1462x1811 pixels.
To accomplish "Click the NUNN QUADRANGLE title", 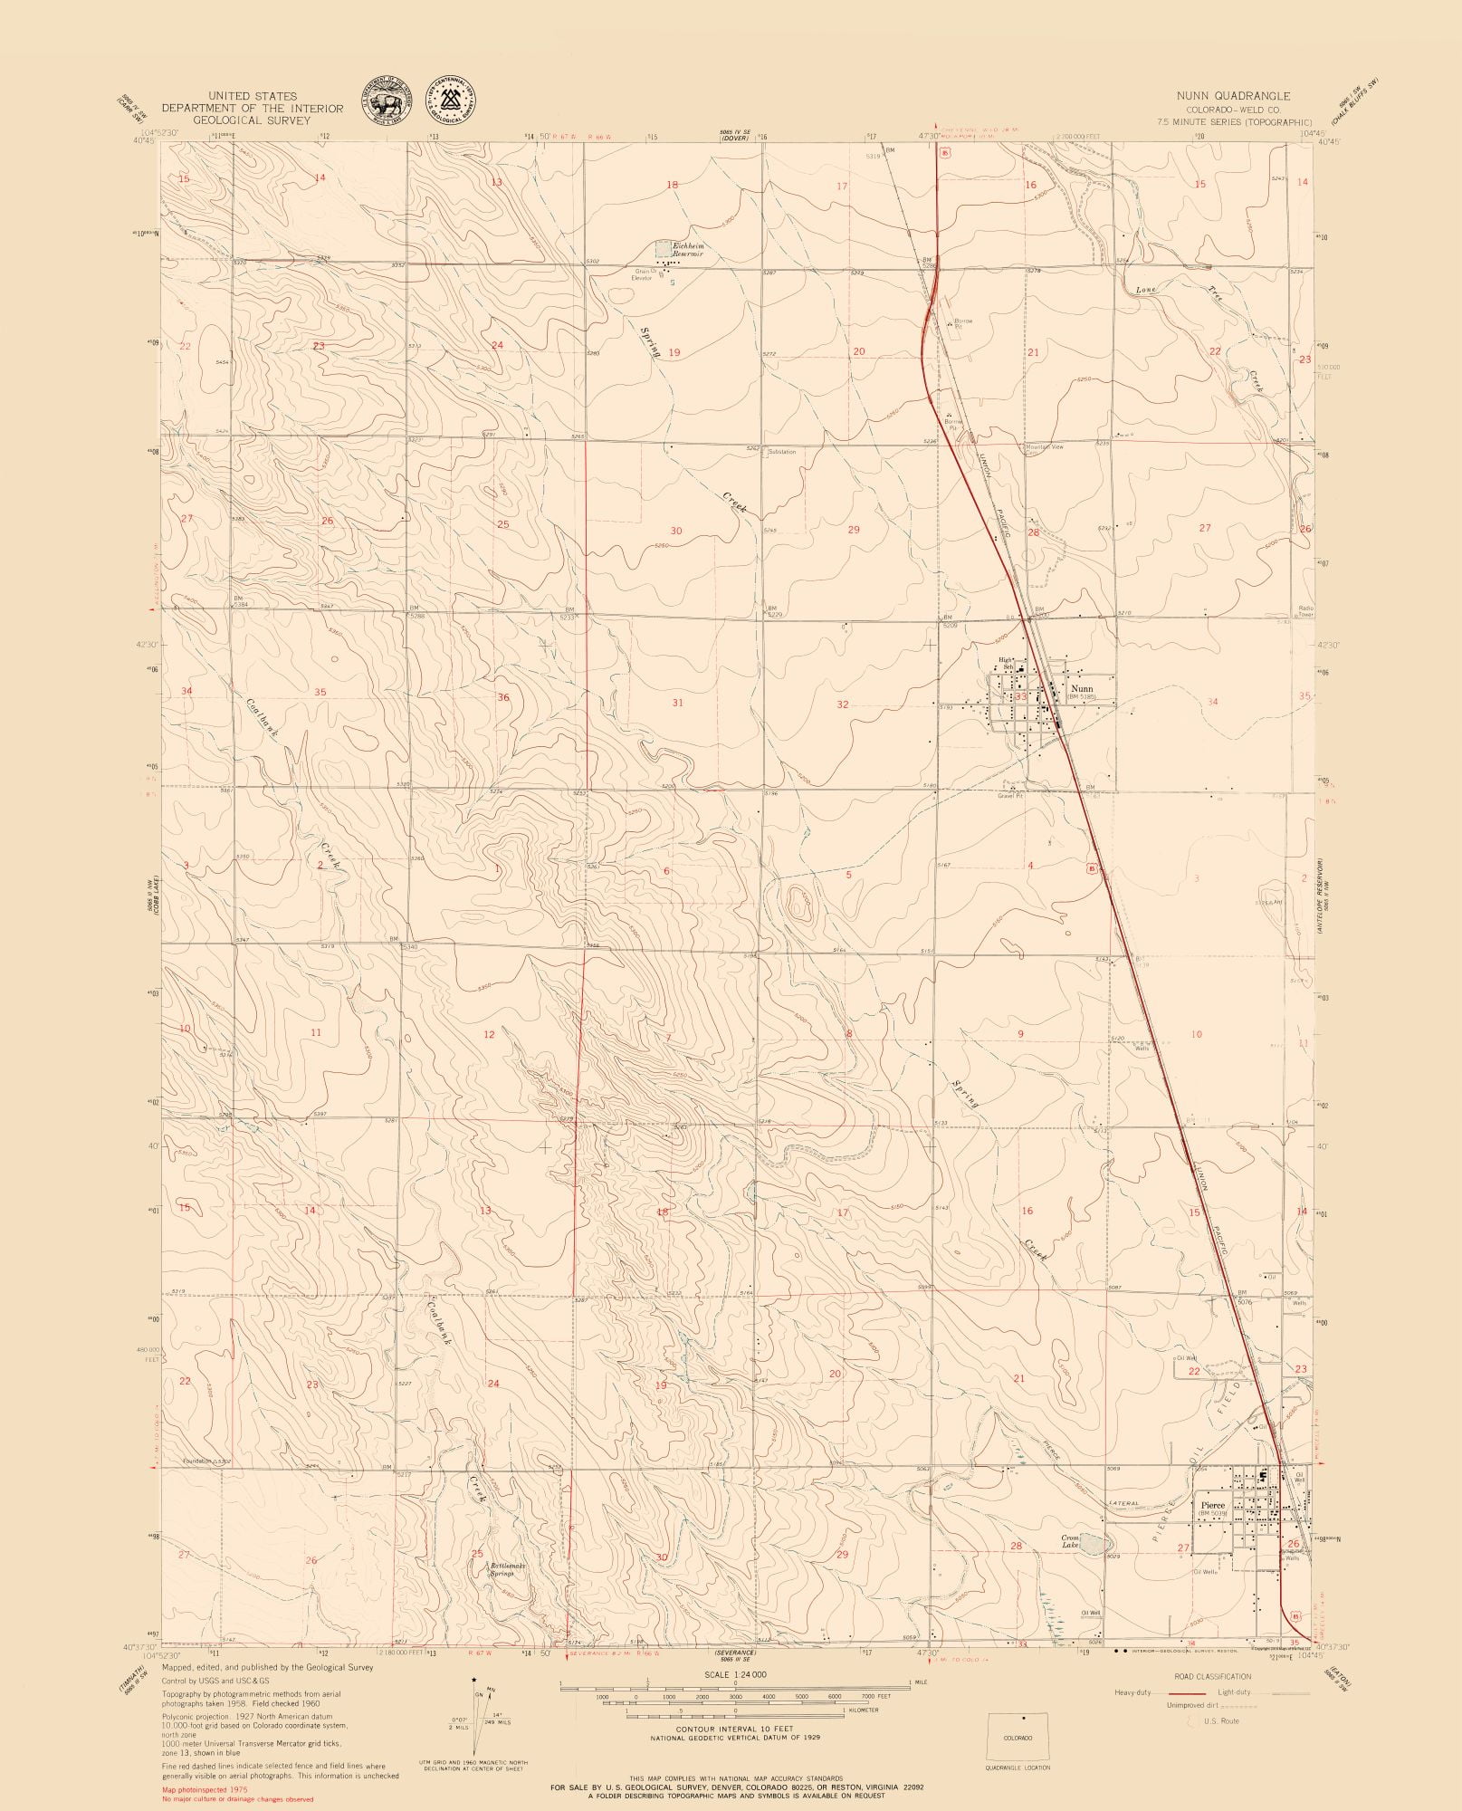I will point(1234,95).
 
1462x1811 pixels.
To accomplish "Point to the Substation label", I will point(781,451).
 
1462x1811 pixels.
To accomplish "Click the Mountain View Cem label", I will point(1044,448).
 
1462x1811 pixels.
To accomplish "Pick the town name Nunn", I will point(1081,689).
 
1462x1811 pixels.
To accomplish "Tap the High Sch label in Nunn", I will point(1006,664).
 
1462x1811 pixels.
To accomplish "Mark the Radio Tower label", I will point(1305,611).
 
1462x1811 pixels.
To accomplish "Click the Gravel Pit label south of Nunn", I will point(1009,797).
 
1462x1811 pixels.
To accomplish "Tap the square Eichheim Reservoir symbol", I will point(664,247).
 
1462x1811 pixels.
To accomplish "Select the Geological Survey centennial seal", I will point(452,99).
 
